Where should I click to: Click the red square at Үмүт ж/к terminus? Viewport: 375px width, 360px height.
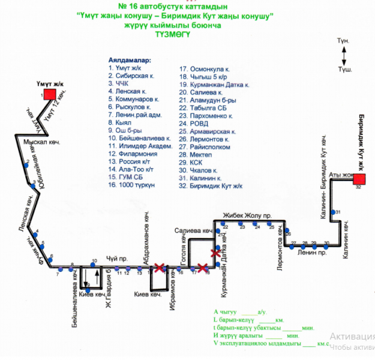point(49,94)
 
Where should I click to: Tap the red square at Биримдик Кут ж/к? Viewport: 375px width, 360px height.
point(359,179)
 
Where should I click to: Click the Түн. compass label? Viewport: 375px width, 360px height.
point(343,41)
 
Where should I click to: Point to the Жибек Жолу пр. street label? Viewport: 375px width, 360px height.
point(248,215)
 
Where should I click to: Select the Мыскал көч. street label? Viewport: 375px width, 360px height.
point(39,145)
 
